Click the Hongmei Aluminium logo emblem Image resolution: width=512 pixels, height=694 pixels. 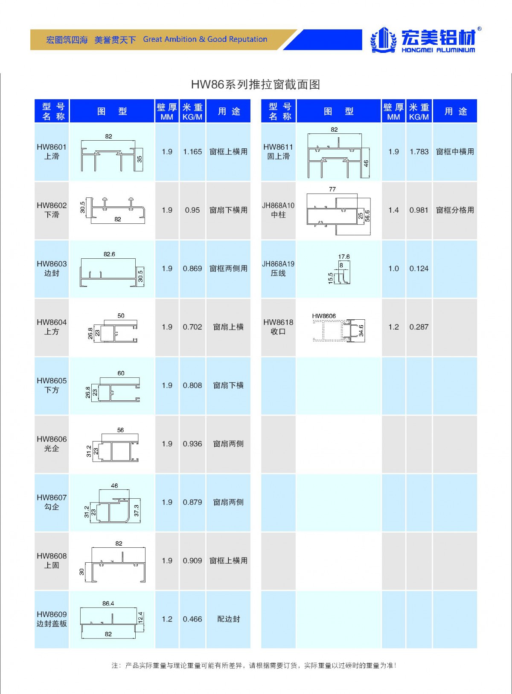coord(383,40)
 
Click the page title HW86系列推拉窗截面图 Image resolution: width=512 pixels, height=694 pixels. coord(255,84)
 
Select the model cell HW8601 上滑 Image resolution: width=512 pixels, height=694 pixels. coord(52,152)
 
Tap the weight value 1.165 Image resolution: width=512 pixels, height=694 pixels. coord(192,152)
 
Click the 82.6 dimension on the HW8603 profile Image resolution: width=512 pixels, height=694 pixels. coord(109,254)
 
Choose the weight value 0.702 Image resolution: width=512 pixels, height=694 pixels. coord(192,327)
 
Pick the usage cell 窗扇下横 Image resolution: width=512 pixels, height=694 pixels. coord(228,385)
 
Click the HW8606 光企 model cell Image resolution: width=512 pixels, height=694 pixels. coord(52,444)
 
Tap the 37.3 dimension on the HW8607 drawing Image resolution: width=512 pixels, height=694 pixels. coord(137,510)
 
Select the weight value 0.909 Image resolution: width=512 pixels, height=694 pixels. coord(192,561)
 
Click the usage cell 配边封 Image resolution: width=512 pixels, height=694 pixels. coord(228,619)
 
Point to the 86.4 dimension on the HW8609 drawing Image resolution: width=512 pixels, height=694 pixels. coord(108,604)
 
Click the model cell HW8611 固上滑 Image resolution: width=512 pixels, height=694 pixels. coord(278,152)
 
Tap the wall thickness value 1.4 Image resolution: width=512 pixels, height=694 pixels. coord(393,210)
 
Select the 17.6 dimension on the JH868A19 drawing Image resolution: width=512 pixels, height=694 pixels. coord(344,257)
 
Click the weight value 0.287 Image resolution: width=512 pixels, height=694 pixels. coord(419,327)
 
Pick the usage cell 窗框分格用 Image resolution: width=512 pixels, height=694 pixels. coord(455,210)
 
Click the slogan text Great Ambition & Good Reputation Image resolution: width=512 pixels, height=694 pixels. coord(205,39)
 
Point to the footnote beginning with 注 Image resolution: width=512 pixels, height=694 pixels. coord(254,665)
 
